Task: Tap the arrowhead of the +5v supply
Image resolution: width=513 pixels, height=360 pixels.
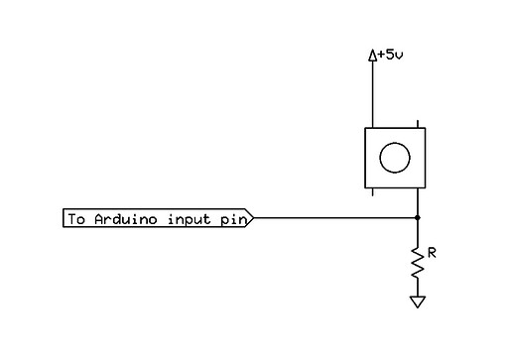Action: [373, 57]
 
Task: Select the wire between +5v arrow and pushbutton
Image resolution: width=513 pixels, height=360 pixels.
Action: [373, 94]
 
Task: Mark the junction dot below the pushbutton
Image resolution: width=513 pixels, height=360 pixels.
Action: [418, 217]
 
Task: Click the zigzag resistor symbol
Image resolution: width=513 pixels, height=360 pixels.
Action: [418, 262]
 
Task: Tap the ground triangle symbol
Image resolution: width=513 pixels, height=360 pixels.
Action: [418, 300]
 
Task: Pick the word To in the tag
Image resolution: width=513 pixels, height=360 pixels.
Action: [75, 218]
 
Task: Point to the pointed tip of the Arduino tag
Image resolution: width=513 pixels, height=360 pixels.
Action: [254, 218]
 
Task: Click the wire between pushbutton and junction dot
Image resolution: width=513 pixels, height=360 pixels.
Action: [418, 201]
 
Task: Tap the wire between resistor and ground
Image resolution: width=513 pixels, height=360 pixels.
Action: [418, 288]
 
